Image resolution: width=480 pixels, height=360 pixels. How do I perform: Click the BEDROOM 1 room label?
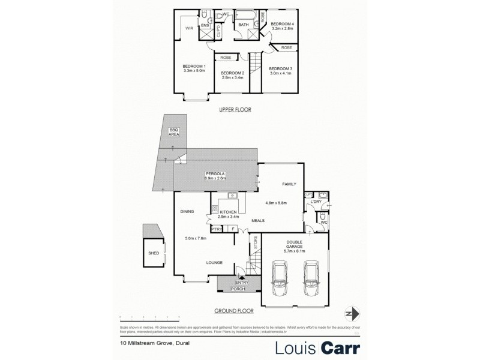point(194,66)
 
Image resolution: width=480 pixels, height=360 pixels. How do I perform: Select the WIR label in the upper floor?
point(188,28)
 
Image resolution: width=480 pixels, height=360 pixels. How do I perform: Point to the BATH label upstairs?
point(244,25)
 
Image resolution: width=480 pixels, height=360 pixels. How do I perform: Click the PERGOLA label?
point(214,173)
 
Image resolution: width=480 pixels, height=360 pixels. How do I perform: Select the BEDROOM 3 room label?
point(281,68)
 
